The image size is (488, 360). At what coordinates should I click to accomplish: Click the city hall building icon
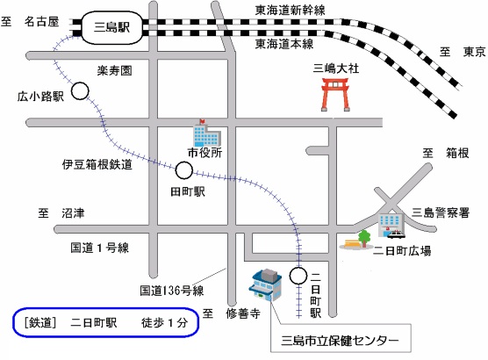[205, 134]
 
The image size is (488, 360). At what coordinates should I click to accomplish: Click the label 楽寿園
[113, 68]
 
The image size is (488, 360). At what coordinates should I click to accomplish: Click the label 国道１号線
[99, 248]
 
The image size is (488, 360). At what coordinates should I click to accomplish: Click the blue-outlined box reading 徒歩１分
[106, 322]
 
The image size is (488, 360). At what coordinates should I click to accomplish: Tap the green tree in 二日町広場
[363, 236]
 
